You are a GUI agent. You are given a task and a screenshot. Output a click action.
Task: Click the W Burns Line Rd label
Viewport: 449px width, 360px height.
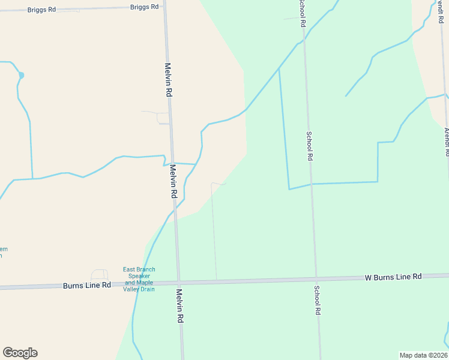coord(393,277)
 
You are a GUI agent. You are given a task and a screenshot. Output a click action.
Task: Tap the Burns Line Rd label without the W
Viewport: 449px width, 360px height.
coord(87,286)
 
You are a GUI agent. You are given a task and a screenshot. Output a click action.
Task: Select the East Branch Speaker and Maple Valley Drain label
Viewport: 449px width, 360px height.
coord(139,279)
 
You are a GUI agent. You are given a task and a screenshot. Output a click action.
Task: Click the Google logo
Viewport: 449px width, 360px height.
coord(20,353)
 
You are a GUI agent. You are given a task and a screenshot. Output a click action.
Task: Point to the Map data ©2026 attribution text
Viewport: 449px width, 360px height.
coord(423,355)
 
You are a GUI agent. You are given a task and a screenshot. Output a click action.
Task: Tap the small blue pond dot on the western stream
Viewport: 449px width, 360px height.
coord(22,75)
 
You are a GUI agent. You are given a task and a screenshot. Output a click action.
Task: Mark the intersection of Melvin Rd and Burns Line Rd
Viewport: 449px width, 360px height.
coord(178,282)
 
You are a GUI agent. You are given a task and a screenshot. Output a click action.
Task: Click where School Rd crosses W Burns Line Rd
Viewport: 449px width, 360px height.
coord(315,279)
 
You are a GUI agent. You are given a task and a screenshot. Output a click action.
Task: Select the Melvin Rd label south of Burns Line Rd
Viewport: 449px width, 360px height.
coord(179,307)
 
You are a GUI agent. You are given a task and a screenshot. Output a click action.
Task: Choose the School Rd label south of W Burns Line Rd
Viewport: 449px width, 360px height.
coord(317,301)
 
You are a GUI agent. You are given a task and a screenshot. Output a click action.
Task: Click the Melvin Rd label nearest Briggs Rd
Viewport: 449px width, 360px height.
coord(169,80)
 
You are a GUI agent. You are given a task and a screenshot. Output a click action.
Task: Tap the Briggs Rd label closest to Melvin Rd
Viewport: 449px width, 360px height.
coord(145,7)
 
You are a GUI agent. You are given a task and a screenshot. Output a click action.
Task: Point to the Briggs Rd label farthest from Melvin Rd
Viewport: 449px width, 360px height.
coord(41,10)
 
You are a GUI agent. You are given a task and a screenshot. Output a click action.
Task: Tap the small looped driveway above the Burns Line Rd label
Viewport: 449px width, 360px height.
coord(100,275)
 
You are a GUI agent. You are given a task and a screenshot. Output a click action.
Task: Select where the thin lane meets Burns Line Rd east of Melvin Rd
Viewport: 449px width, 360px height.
coord(216,280)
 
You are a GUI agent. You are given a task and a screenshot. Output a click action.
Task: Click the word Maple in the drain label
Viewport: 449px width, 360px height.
coord(145,283)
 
